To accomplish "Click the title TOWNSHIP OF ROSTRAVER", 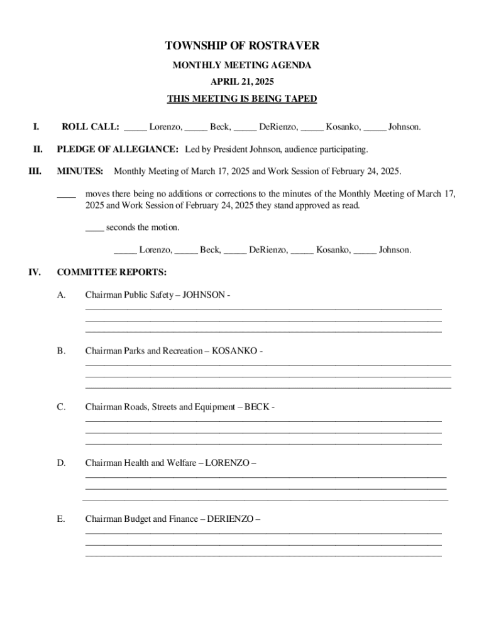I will tap(242, 46).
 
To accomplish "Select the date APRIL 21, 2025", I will tap(242, 82).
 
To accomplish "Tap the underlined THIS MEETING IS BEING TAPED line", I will tap(242, 99).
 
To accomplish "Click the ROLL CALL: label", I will tap(90, 127).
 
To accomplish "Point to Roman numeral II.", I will tap(38, 149).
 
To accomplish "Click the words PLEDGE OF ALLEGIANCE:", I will tap(118, 149).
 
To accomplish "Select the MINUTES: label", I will tap(80, 171).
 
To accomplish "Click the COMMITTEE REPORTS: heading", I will tap(112, 273).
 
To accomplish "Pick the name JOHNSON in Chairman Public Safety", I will tap(204, 294).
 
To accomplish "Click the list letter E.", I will tap(61, 519).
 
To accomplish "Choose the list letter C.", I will tap(61, 407).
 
